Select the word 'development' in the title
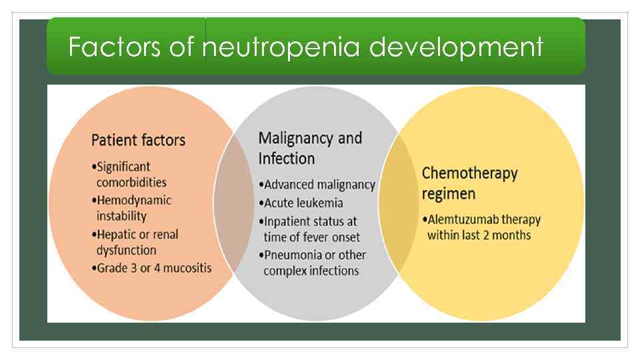(x=456, y=47)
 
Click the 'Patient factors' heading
(x=138, y=140)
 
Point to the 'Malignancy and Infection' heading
(x=309, y=148)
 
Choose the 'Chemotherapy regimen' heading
(x=469, y=183)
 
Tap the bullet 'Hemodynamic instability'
(x=133, y=207)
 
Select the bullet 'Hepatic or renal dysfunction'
(x=136, y=242)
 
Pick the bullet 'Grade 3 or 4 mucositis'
(x=153, y=267)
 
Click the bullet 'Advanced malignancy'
(x=319, y=185)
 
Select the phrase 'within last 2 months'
(x=479, y=235)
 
